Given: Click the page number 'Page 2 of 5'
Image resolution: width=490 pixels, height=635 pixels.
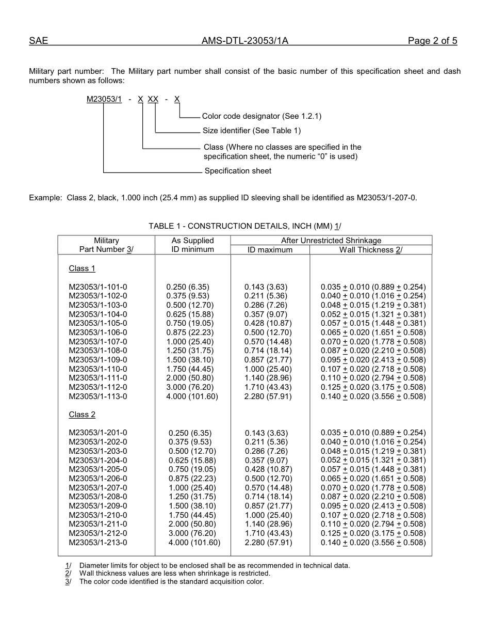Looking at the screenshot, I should point(432,41).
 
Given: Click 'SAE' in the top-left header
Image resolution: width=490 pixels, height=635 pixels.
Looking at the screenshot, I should point(38,41).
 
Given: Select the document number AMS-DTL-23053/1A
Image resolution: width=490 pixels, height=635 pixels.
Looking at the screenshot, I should point(244,41).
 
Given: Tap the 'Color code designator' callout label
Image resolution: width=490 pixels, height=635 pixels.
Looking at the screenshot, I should point(262,117).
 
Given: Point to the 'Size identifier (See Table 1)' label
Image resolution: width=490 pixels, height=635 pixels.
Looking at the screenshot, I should point(252,131).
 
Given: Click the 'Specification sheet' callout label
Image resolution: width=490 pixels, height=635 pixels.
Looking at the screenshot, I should point(238,171).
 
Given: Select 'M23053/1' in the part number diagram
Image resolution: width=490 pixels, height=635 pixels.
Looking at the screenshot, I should point(104,99).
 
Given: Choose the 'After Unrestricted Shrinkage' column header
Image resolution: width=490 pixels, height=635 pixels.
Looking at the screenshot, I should point(331,241).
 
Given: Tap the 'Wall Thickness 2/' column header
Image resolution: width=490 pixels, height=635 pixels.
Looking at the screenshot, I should point(370,250).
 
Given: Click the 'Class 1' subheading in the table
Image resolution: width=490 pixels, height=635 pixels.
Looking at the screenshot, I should point(82,268).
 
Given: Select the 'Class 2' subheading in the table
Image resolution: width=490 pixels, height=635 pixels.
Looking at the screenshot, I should point(82,415).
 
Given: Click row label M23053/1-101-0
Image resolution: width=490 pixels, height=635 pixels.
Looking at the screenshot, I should point(98,287).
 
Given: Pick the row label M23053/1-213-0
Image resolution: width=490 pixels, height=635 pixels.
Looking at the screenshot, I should point(98,543).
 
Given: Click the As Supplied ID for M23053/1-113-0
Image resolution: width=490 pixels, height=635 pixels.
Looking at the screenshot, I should point(192,396).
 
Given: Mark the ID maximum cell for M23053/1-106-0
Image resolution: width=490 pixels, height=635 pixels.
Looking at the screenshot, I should point(268,332).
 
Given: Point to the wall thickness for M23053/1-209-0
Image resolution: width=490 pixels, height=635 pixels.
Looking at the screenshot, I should point(373,506).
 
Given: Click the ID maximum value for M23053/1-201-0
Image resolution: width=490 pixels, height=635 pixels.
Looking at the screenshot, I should point(266,433).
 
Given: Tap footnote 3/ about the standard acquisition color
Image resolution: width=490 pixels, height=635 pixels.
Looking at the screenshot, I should point(171,582).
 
